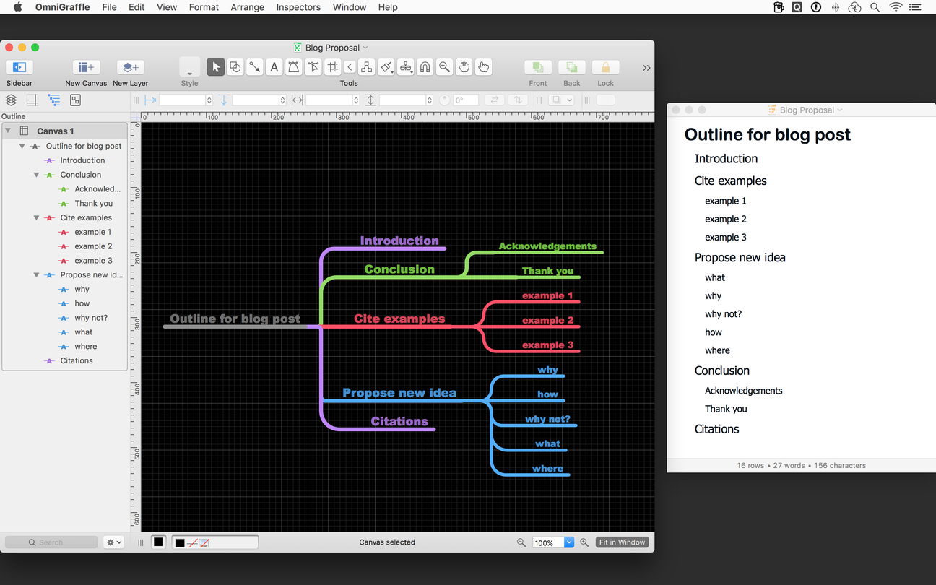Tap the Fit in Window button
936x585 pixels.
pos(622,542)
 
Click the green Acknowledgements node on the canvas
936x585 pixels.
pos(547,246)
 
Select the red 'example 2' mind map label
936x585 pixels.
pos(547,320)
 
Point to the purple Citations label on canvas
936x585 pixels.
pos(399,421)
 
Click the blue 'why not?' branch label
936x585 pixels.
pos(547,419)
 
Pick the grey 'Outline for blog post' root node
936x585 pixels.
pos(235,318)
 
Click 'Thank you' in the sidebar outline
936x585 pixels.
pos(94,204)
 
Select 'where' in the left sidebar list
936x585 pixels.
pos(86,347)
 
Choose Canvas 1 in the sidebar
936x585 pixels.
pos(55,131)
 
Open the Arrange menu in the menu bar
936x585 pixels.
pos(248,7)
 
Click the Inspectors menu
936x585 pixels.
pos(298,7)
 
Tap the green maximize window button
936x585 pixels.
pos(35,48)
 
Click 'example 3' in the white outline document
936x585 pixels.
pos(725,238)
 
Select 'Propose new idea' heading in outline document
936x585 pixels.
pos(740,257)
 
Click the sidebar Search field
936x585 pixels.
pos(51,542)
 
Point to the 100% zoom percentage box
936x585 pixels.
pos(548,542)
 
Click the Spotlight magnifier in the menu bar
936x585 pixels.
pos(875,7)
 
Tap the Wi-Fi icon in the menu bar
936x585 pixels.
pos(896,7)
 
